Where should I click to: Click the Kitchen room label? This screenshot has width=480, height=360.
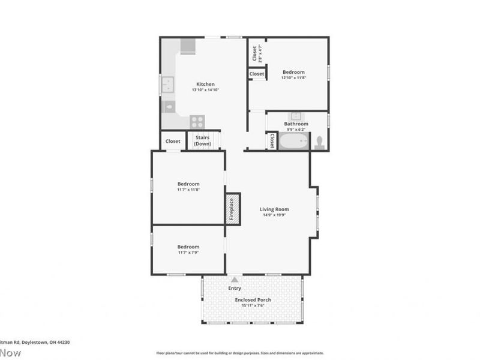(x=205, y=84)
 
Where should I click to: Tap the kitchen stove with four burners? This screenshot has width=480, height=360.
(x=197, y=121)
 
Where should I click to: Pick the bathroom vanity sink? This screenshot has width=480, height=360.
(x=296, y=115)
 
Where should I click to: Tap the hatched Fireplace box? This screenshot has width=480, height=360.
(x=232, y=208)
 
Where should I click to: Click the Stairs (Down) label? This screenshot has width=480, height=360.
(x=203, y=141)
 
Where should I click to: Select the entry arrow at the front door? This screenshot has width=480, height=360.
(x=235, y=279)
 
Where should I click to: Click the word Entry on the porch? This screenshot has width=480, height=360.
(x=235, y=288)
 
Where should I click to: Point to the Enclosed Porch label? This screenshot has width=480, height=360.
(x=253, y=299)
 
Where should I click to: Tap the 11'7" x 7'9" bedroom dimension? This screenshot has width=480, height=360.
(x=188, y=253)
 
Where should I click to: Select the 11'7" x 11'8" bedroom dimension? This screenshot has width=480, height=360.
(x=188, y=190)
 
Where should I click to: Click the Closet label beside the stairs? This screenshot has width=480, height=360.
(x=173, y=141)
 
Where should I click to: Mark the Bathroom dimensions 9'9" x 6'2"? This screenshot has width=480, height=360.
(x=296, y=129)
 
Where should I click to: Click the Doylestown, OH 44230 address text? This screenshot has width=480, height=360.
(x=35, y=342)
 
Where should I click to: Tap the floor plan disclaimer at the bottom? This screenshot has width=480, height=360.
(x=240, y=353)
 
